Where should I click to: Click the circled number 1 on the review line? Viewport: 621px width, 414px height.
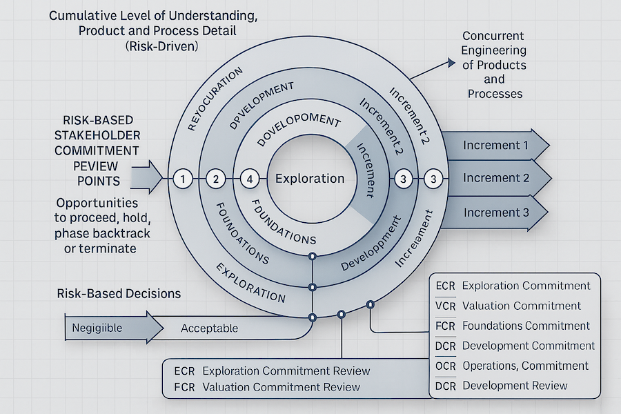click(182, 179)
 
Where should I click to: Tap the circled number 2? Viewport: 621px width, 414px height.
click(216, 179)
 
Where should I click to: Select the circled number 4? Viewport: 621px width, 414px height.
click(250, 179)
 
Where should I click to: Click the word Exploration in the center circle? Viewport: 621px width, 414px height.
click(310, 178)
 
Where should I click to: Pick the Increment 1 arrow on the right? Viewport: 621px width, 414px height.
click(495, 146)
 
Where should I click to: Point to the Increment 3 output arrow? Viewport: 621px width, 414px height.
click(495, 212)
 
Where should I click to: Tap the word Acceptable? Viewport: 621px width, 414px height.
click(209, 328)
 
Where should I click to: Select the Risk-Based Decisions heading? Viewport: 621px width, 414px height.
click(119, 293)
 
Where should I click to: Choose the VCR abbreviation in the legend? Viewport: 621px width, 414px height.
click(446, 306)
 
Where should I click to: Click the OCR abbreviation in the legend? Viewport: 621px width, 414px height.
click(446, 366)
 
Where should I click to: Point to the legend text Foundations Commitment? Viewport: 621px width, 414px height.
click(526, 326)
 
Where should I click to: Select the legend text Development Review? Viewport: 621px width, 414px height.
click(515, 386)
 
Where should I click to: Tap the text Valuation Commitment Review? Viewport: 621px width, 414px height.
click(282, 387)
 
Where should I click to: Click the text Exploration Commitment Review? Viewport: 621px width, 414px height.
click(286, 371)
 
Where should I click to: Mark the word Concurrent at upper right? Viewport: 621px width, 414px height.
click(493, 35)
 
